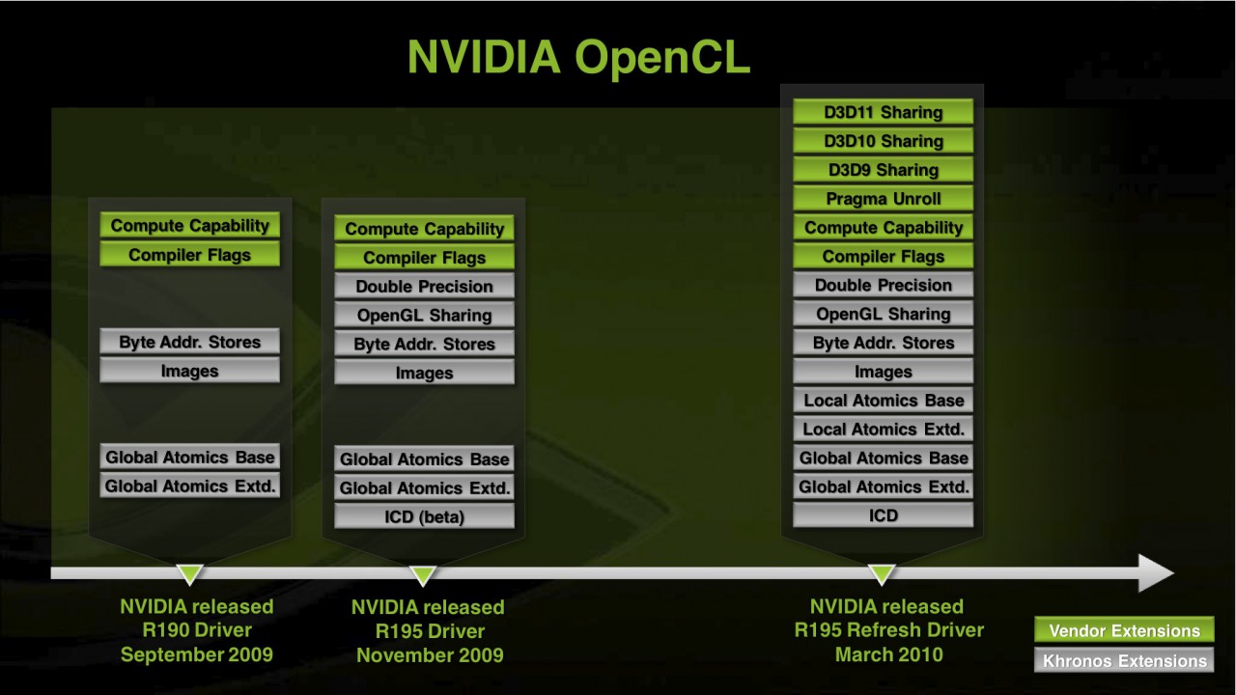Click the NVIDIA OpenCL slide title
pyautogui.click(x=577, y=58)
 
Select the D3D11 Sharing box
pyautogui.click(x=883, y=112)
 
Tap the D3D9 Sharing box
pyautogui.click(x=883, y=170)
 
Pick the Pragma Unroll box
pyautogui.click(x=883, y=199)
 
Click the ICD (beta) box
pyautogui.click(x=424, y=516)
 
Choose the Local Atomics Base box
pyautogui.click(x=883, y=401)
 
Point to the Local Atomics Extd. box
pyautogui.click(x=883, y=430)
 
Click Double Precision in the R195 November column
pyautogui.click(x=424, y=286)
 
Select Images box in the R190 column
pyautogui.click(x=189, y=371)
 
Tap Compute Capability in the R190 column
pyautogui.click(x=189, y=226)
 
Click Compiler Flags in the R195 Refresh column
pyautogui.click(x=883, y=257)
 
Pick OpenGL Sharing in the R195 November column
pyautogui.click(x=424, y=315)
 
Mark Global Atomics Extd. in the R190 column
pyautogui.click(x=189, y=486)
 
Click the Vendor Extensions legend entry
pyautogui.click(x=1124, y=631)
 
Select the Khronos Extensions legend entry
pyautogui.click(x=1124, y=661)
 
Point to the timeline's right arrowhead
pyautogui.click(x=1156, y=573)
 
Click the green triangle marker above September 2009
pyautogui.click(x=190, y=574)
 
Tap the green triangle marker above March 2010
pyautogui.click(x=882, y=574)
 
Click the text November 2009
pyautogui.click(x=429, y=655)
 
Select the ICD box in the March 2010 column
pyautogui.click(x=883, y=515)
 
